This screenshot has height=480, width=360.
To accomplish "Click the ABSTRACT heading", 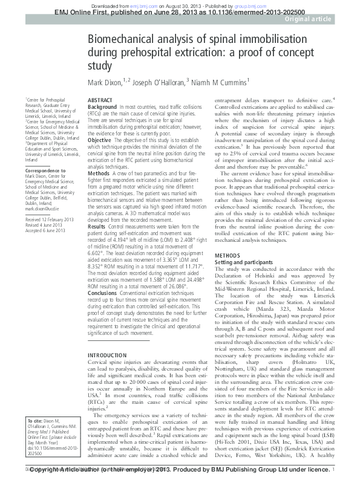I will pos(99,99).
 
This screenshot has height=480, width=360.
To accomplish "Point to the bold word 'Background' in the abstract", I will pos(102,106).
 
